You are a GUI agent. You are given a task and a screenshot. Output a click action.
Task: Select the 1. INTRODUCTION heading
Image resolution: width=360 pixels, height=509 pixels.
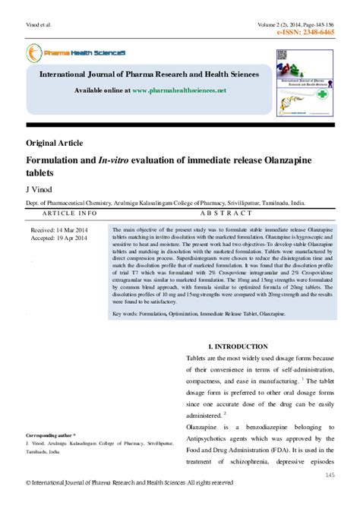237,346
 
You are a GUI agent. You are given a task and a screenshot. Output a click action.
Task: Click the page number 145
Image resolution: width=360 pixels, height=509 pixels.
330,454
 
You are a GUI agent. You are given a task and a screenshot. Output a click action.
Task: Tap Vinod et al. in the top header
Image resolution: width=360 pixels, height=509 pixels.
38,25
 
